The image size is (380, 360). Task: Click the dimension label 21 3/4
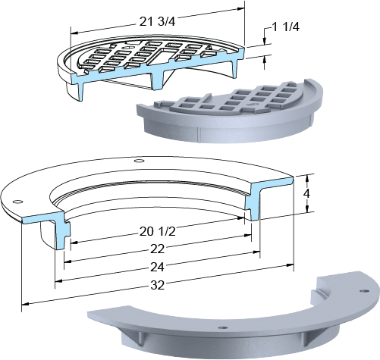click(x=157, y=22)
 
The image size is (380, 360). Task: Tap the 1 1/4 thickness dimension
click(x=286, y=27)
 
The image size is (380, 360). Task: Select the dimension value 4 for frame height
click(x=306, y=193)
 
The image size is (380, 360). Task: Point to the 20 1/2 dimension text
click(x=157, y=231)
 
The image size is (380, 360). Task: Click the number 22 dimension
click(x=157, y=249)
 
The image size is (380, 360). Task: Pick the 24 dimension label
click(x=157, y=267)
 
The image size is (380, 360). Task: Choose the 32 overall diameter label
click(x=157, y=285)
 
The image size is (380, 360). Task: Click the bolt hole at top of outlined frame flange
click(x=139, y=161)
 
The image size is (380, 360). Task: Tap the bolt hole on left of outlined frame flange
click(x=17, y=202)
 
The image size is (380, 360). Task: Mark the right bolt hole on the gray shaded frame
click(x=364, y=291)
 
